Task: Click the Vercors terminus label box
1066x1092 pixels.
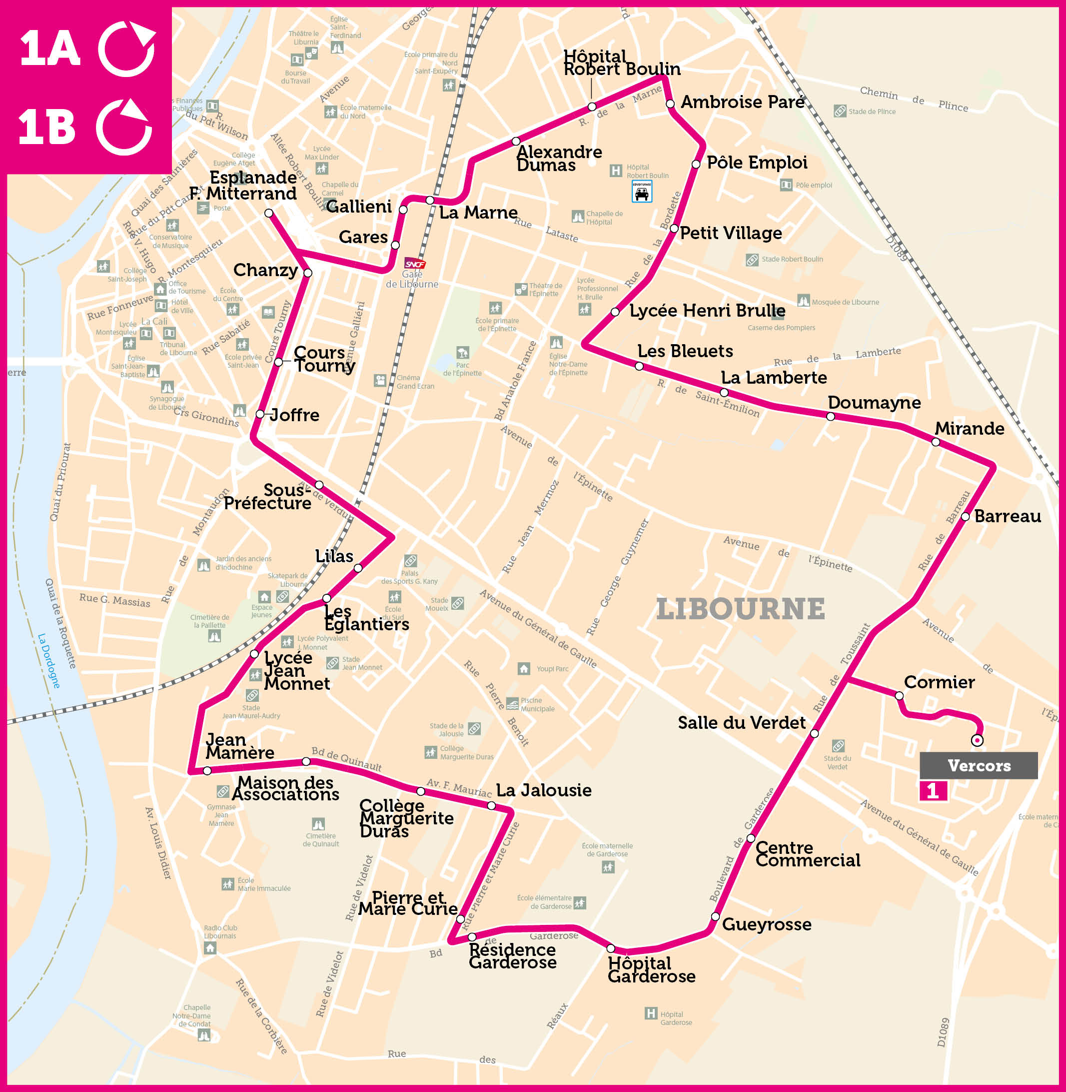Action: [978, 765]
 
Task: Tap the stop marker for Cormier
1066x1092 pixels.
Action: [899, 696]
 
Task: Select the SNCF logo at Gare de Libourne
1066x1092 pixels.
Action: [415, 265]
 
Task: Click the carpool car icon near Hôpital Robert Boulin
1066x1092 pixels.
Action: [642, 192]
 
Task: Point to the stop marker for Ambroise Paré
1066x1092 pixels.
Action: [670, 104]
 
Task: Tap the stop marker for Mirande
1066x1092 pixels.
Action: [936, 442]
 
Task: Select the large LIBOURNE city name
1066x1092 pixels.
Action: [740, 609]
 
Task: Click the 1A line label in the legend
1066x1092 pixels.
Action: [50, 48]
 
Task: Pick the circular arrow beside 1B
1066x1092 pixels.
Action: [124, 127]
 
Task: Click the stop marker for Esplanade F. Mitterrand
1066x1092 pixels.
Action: [269, 213]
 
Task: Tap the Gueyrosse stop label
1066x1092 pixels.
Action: [766, 924]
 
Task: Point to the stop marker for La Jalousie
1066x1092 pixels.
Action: [491, 806]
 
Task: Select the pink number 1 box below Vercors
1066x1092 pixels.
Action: [933, 790]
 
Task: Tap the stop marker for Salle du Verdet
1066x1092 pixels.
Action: [815, 733]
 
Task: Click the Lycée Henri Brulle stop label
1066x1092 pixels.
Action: [707, 311]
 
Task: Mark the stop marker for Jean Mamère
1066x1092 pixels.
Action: [207, 771]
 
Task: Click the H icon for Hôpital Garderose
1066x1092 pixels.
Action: [650, 1013]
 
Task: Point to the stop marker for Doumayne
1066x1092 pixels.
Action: [830, 417]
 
